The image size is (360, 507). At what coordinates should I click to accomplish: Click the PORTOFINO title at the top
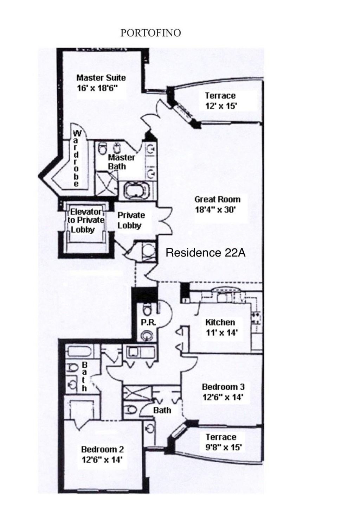pos(150,33)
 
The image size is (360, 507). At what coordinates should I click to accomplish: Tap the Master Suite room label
pos(101,78)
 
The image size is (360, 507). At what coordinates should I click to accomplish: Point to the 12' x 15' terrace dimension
pos(221,106)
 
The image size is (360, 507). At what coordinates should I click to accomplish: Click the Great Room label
pos(217,199)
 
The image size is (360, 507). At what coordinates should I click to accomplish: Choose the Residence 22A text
pos(205,253)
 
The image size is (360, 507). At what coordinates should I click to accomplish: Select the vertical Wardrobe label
pos(77,158)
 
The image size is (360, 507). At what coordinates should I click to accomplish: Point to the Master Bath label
pos(121,161)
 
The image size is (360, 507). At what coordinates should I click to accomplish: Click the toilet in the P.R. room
pos(147,309)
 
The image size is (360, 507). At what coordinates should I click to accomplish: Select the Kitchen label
pos(220,322)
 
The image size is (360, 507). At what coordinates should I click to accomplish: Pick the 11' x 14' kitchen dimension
pos(221,332)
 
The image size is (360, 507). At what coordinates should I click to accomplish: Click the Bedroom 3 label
pos(223,387)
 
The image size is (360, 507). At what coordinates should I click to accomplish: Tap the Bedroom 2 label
pos(102,449)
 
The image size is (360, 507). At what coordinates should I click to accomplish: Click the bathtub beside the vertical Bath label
pos(79,352)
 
